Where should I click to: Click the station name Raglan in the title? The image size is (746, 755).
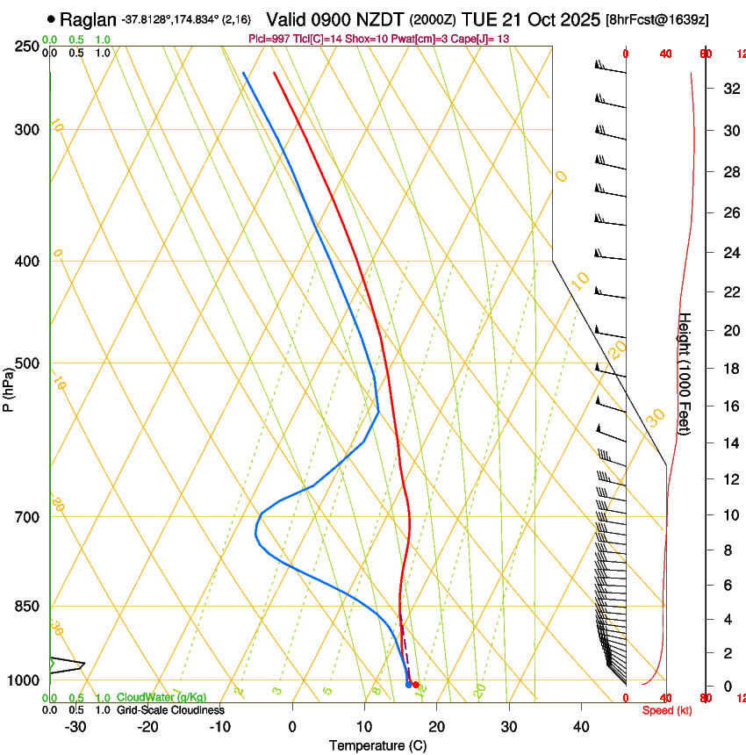(x=88, y=18)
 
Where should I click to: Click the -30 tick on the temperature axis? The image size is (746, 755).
(x=75, y=726)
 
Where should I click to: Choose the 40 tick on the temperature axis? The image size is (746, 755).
(x=580, y=726)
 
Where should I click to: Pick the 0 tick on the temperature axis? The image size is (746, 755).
(x=291, y=726)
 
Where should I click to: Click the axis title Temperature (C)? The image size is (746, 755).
(x=377, y=745)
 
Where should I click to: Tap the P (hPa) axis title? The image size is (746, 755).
(x=8, y=386)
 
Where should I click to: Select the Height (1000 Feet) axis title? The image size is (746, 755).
(x=685, y=373)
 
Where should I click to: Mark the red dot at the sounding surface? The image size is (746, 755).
(x=415, y=684)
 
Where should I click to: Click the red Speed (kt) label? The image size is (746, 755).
(x=667, y=710)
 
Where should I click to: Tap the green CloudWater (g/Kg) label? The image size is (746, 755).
(x=161, y=698)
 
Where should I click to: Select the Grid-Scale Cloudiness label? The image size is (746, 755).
(x=170, y=710)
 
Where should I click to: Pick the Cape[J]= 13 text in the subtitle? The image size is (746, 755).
(x=479, y=40)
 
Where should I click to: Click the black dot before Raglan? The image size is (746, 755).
(x=52, y=18)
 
